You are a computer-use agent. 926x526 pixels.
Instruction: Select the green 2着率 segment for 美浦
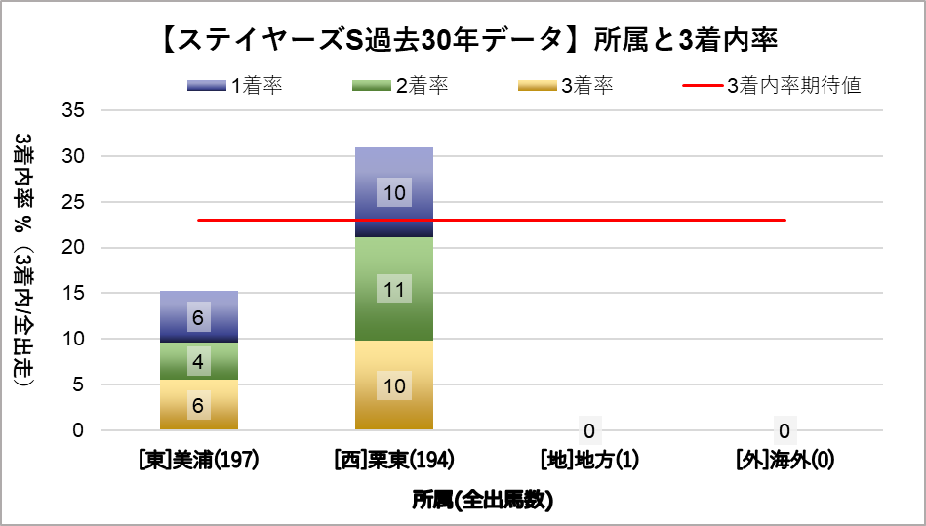(x=198, y=361)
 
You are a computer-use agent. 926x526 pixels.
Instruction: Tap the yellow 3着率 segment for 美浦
(x=198, y=405)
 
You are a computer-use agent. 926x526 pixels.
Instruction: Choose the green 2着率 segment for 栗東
(x=394, y=289)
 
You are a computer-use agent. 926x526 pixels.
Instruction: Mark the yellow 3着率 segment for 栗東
(x=394, y=385)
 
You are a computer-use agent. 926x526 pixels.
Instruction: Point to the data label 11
(x=394, y=289)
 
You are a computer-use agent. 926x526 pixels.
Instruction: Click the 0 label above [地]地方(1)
(x=589, y=430)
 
